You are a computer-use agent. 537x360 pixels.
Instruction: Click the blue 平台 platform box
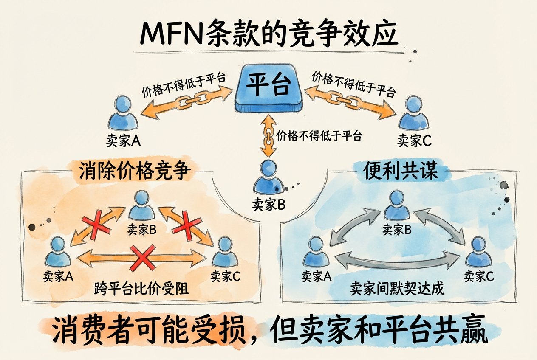(x=268, y=88)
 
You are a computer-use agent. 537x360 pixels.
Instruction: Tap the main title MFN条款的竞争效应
(x=268, y=34)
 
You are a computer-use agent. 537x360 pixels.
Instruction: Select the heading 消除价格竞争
(x=133, y=172)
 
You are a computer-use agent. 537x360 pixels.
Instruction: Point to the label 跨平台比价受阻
(x=141, y=290)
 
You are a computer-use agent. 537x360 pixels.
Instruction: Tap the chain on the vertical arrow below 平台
(x=268, y=137)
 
